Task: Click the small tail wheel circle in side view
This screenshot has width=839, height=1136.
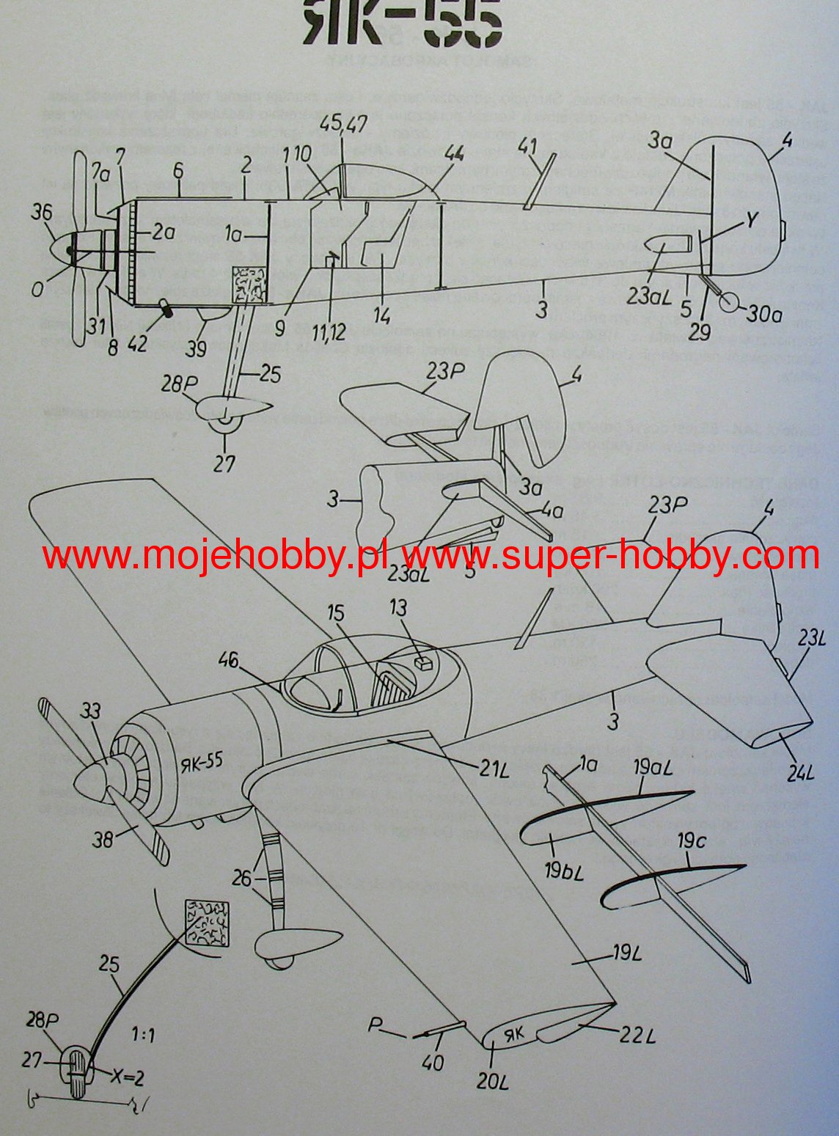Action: click(x=729, y=302)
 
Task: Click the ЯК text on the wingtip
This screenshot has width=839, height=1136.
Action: click(x=516, y=1034)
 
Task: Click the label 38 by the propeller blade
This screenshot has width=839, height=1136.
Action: click(x=103, y=838)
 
